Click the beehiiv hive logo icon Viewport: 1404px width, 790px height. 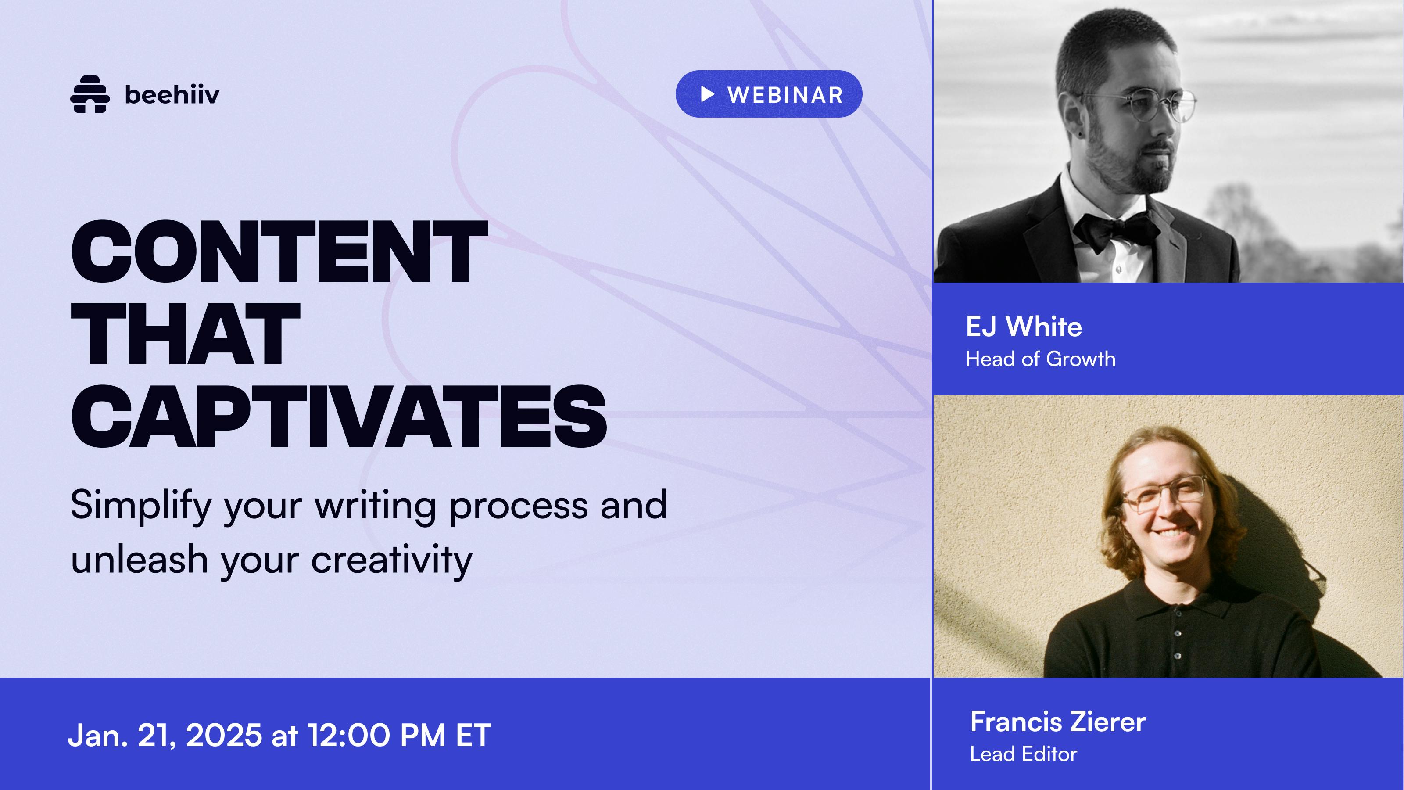(90, 94)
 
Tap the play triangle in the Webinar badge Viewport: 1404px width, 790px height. (707, 94)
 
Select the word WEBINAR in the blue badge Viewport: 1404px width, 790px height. (785, 95)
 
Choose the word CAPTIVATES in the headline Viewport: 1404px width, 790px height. (338, 416)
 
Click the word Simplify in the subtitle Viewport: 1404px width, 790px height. (140, 506)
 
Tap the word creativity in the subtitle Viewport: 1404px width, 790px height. (391, 560)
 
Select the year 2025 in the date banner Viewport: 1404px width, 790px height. (224, 735)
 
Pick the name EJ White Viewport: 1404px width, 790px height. (1024, 327)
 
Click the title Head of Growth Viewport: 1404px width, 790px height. (1040, 359)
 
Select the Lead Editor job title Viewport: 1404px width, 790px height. (1024, 754)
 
